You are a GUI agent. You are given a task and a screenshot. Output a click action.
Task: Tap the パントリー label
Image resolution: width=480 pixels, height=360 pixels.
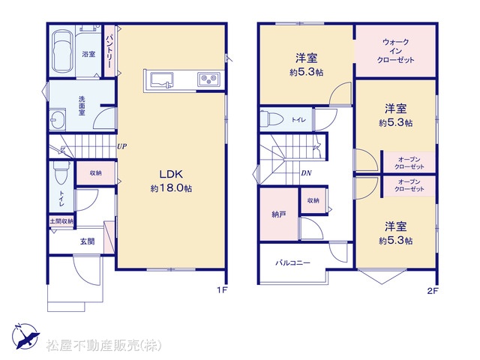coord(109,52)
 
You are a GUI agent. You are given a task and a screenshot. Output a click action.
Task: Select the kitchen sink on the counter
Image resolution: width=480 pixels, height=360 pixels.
coord(162,80)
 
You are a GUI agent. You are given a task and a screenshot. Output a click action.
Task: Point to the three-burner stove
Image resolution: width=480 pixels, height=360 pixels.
coord(209,80)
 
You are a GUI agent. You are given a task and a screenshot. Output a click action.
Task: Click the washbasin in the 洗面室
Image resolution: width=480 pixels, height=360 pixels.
coord(58,118)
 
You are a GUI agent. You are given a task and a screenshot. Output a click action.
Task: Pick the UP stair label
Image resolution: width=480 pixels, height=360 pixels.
coord(121,146)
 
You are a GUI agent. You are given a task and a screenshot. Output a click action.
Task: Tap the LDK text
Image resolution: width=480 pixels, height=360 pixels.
coord(171,174)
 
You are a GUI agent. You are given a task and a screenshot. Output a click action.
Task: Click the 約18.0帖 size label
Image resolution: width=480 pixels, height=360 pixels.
coord(171,188)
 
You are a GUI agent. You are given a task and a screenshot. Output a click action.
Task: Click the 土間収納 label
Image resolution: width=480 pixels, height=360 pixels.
coord(61,220)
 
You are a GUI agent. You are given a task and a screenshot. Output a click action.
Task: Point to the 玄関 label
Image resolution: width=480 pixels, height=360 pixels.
coord(87,241)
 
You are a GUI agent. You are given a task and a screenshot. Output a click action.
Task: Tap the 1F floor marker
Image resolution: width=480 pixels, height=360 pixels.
coord(222,290)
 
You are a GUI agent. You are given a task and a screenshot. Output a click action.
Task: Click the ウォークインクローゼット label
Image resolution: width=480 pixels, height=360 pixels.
coord(395,51)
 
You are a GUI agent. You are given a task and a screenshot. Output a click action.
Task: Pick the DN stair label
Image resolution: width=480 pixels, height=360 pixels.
coord(306,173)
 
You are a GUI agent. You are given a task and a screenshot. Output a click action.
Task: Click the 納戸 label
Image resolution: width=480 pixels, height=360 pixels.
coord(279,214)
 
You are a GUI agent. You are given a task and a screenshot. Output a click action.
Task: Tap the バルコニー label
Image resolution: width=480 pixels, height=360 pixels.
coord(293,262)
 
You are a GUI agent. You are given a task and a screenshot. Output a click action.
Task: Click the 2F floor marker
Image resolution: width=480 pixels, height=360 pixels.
coord(432,291)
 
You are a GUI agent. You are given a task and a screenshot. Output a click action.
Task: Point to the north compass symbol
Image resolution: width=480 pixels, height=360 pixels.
coord(25,337)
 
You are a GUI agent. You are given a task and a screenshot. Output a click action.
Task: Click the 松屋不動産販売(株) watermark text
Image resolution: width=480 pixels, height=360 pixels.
coord(104,346)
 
